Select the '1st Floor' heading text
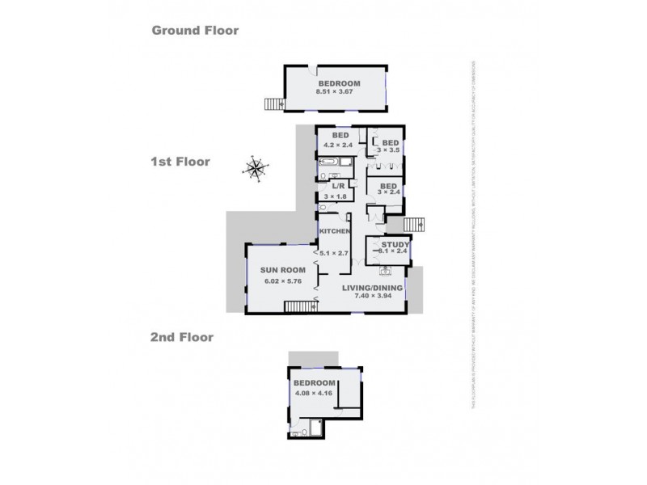pyautogui.click(x=180, y=162)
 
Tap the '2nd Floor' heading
pyautogui.click(x=182, y=337)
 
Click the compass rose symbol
pyautogui.click(x=256, y=169)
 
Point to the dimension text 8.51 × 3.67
pyautogui.click(x=338, y=93)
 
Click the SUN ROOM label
pyautogui.click(x=280, y=271)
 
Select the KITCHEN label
pyautogui.click(x=334, y=232)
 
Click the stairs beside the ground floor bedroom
pyautogui.click(x=274, y=103)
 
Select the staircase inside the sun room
pyautogui.click(x=299, y=306)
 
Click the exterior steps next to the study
pyautogui.click(x=414, y=224)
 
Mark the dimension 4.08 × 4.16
pyautogui.click(x=313, y=394)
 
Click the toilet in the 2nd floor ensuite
pyautogui.click(x=298, y=433)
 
